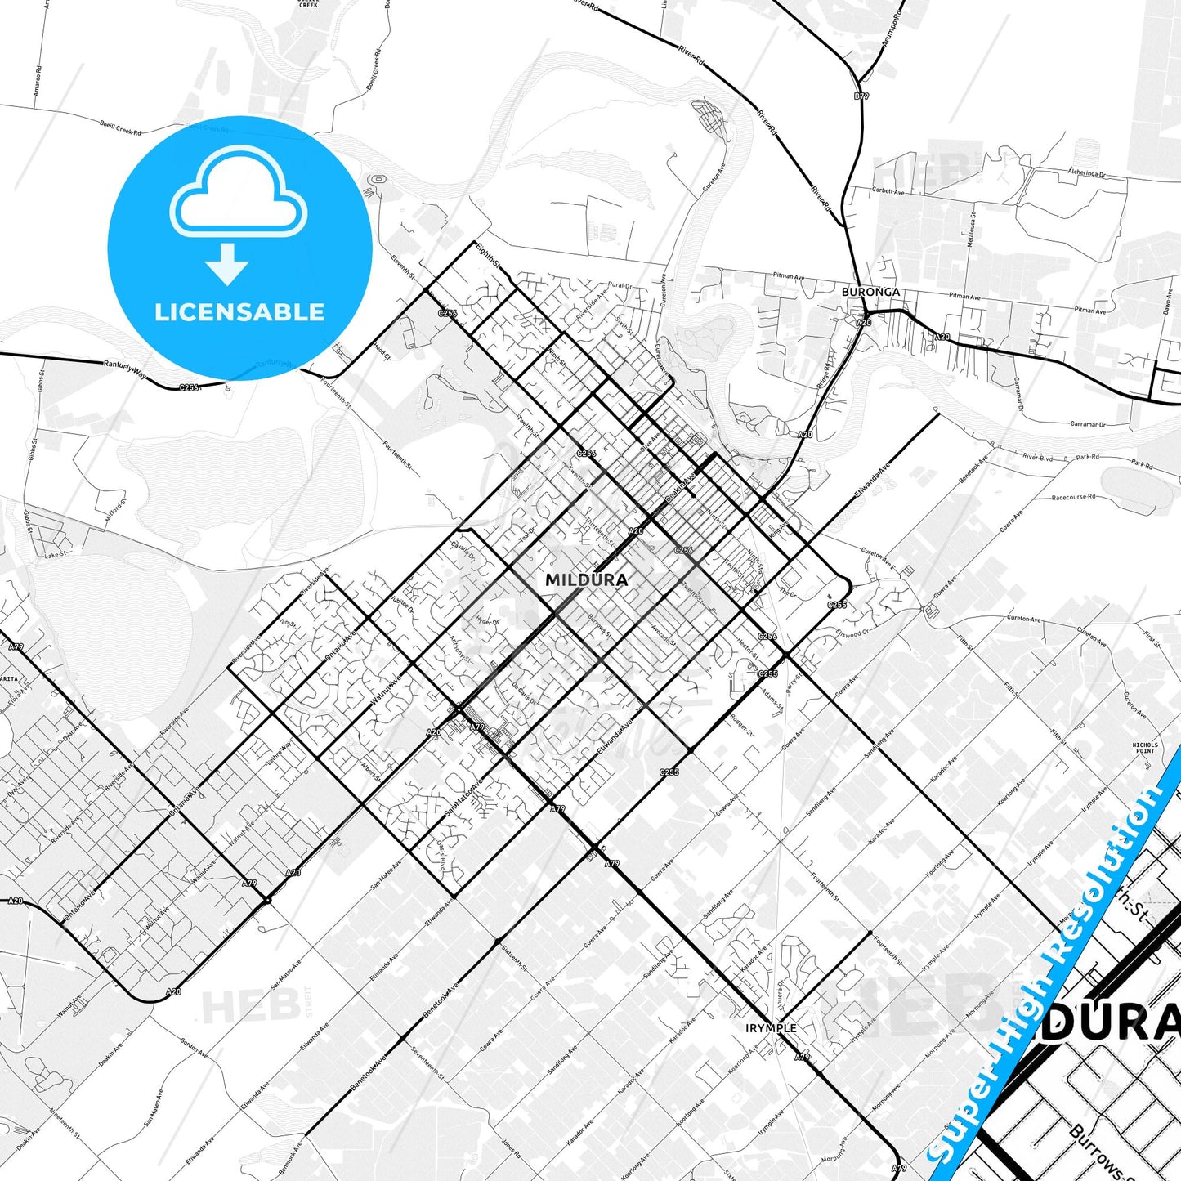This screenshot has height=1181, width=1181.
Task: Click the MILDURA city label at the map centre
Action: click(586, 579)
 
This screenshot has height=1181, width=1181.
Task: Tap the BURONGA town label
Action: click(870, 292)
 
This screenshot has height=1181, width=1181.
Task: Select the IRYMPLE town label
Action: click(770, 1028)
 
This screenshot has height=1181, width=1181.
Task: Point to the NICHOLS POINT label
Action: click(1145, 748)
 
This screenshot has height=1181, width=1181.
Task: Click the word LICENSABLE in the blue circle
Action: click(239, 312)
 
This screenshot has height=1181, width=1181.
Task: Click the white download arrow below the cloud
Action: click(227, 263)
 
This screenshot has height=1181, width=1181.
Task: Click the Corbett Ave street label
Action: click(888, 192)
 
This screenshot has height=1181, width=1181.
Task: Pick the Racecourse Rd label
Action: click(1073, 497)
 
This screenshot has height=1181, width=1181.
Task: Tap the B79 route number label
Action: click(861, 96)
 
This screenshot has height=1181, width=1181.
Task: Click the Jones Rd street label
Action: click(511, 1148)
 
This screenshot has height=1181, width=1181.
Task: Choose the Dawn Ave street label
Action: click(1168, 300)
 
